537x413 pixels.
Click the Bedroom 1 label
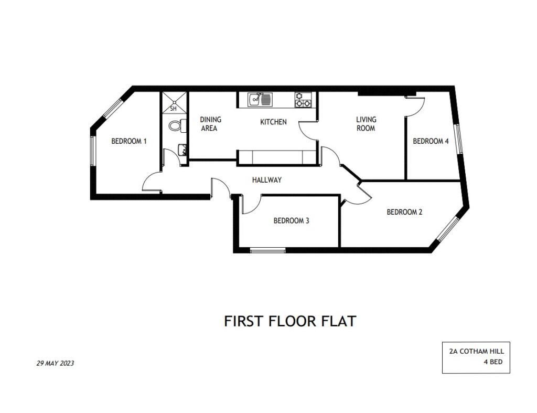(x=129, y=141)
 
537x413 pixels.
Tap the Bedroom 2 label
(x=404, y=212)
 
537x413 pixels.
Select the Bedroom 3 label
(x=291, y=220)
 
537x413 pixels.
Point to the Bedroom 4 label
(x=431, y=141)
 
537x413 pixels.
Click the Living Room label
(x=366, y=124)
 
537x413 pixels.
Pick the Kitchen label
(x=273, y=122)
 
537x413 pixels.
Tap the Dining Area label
(x=210, y=124)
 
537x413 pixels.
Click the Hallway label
(x=267, y=179)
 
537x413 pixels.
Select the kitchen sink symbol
(x=260, y=100)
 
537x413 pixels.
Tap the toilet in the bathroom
(x=177, y=125)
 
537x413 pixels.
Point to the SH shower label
(x=173, y=109)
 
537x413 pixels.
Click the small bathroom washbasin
(x=182, y=150)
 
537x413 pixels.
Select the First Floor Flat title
(x=290, y=321)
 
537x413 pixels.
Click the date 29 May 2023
(x=55, y=363)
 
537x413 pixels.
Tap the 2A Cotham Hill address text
(x=477, y=351)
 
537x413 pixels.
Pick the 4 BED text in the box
(x=493, y=362)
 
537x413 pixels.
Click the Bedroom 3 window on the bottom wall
(x=267, y=250)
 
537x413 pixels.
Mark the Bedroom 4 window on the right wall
(x=458, y=139)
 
